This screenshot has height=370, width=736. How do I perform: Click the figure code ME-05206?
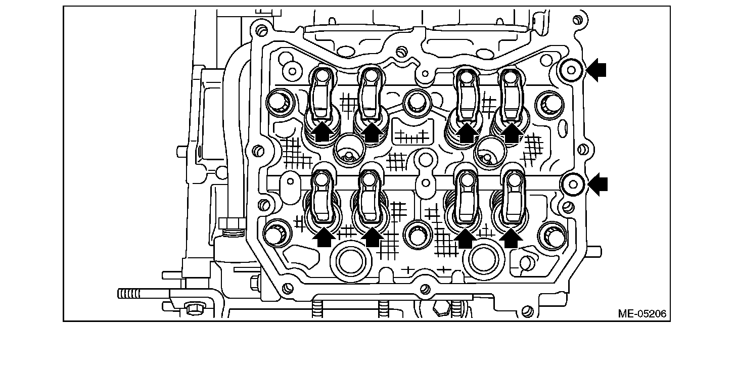click(642, 314)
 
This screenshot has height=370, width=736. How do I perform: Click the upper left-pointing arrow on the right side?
click(596, 70)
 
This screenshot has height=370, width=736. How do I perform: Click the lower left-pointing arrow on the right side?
click(597, 184)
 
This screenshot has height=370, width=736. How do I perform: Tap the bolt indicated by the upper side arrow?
click(571, 70)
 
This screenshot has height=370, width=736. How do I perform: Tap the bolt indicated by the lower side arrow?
click(573, 184)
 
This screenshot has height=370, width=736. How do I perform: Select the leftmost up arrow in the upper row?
click(323, 131)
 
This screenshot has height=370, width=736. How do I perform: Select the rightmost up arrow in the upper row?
click(511, 133)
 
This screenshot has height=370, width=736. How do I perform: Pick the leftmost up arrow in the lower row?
click(324, 237)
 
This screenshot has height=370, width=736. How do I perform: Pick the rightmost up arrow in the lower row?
click(511, 238)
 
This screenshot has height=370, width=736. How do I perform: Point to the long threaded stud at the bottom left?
click(144, 294)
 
